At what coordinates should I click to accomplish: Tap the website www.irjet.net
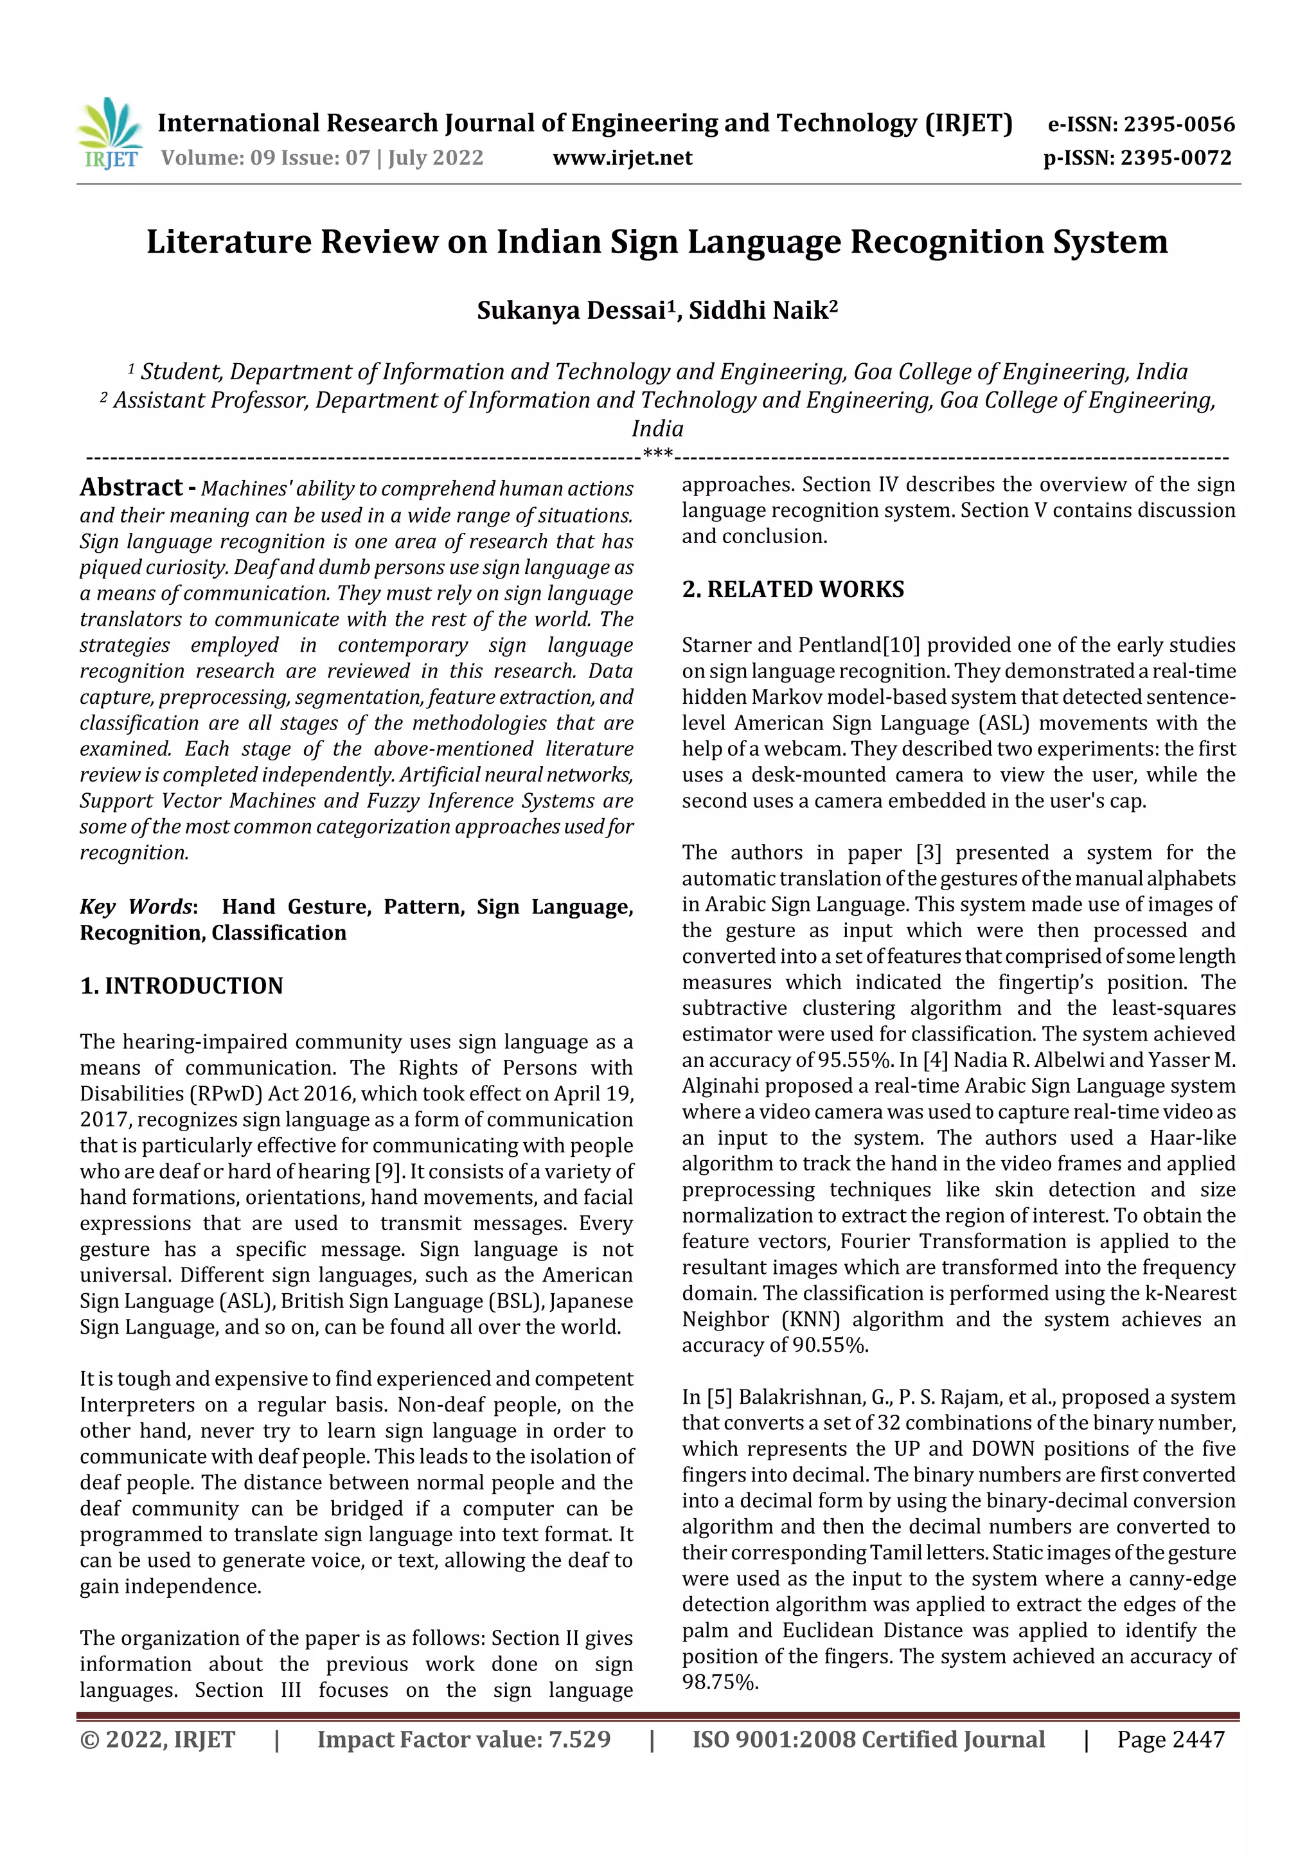[x=622, y=157]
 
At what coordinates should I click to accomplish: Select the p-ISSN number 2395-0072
[x=1176, y=157]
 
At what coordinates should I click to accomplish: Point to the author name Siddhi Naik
[x=762, y=310]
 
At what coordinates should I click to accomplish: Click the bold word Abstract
[x=131, y=487]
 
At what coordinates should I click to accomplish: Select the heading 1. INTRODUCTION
[x=182, y=985]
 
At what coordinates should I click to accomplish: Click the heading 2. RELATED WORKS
[x=792, y=589]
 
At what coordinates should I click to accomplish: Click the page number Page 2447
[x=1170, y=1739]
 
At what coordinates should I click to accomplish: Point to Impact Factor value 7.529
[x=463, y=1739]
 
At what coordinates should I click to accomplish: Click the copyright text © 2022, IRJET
[x=157, y=1739]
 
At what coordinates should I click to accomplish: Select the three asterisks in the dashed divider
[x=657, y=453]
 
